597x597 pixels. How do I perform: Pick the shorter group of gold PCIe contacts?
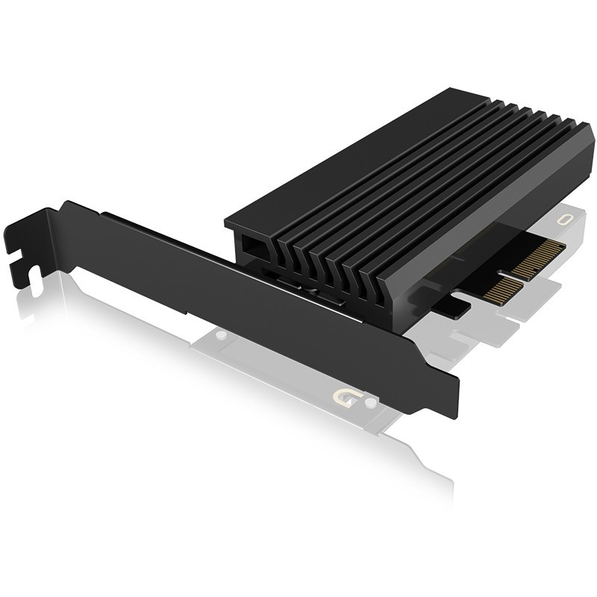coord(501,286)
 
